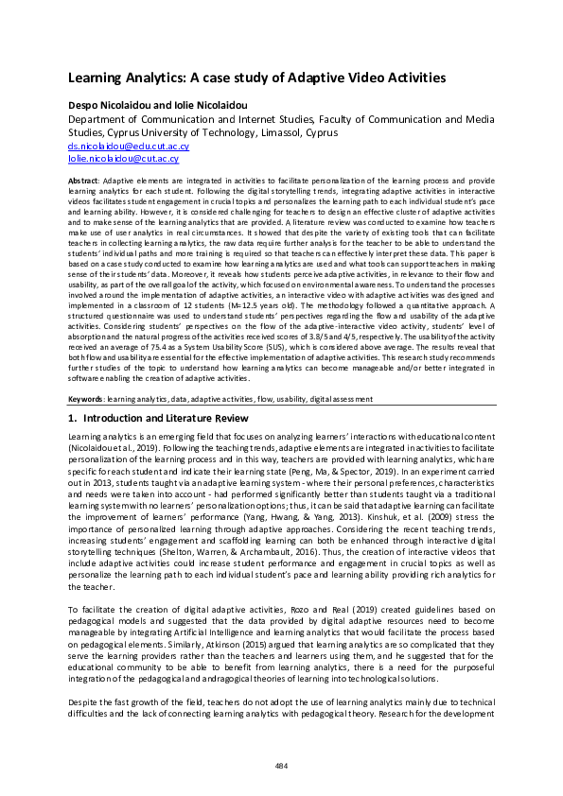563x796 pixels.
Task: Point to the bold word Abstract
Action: pos(83,179)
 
